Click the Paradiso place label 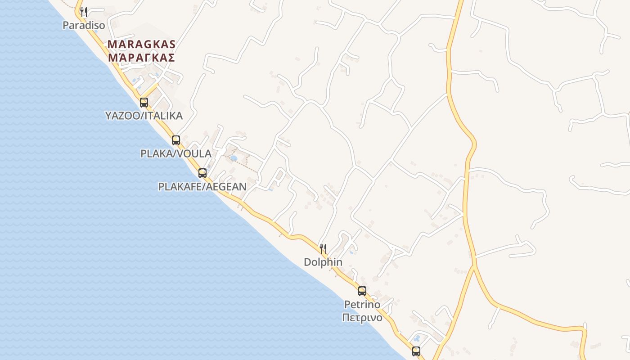pyautogui.click(x=84, y=25)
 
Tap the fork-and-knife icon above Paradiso pyautogui.click(x=83, y=12)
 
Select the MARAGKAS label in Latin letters pyautogui.click(x=141, y=45)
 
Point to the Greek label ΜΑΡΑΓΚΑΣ pyautogui.click(x=141, y=58)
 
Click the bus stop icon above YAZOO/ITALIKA pyautogui.click(x=144, y=102)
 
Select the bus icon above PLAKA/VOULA pyautogui.click(x=176, y=140)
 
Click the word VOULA pyautogui.click(x=195, y=153)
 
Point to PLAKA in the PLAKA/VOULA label pyautogui.click(x=156, y=153)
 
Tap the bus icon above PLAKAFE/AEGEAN pyautogui.click(x=202, y=173)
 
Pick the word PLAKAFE pyautogui.click(x=179, y=186)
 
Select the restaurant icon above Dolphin pyautogui.click(x=323, y=248)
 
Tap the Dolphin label pyautogui.click(x=323, y=262)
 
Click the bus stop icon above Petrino pyautogui.click(x=362, y=291)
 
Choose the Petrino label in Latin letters pyautogui.click(x=362, y=305)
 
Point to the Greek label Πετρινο pyautogui.click(x=362, y=318)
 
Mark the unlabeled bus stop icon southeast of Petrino pyautogui.click(x=416, y=351)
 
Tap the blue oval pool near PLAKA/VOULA pyautogui.click(x=234, y=158)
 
